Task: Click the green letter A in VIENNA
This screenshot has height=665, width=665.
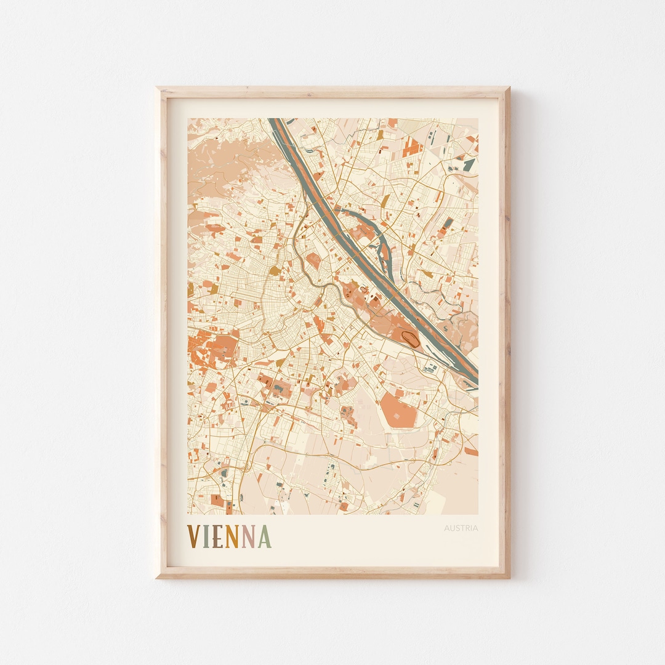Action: coord(264,536)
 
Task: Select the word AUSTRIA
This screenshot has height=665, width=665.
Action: coord(461,528)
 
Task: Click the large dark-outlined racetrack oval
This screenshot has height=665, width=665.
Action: coord(409,337)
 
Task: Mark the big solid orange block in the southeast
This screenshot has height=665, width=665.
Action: coord(398,409)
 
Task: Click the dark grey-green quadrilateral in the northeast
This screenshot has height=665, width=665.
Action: coord(469,164)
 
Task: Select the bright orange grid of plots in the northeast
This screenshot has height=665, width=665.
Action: coord(413,147)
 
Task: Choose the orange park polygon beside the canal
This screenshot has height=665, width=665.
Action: coord(313,260)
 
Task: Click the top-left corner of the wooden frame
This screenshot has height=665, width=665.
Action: coord(158,89)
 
